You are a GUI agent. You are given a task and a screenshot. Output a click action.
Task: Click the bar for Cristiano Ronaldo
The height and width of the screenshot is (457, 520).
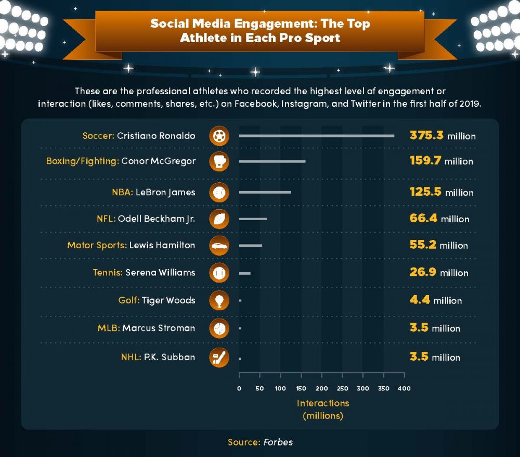click(316, 136)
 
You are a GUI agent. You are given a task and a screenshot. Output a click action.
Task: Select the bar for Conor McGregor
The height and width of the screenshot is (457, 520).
click(272, 161)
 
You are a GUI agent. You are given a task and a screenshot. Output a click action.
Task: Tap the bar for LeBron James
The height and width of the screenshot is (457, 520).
click(265, 192)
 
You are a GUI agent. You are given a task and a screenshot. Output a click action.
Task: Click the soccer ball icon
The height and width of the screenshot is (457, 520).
click(219, 136)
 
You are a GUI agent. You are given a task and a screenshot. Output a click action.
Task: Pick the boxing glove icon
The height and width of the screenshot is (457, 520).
click(219, 161)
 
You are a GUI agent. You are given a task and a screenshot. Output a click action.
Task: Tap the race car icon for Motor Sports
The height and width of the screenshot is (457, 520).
click(219, 245)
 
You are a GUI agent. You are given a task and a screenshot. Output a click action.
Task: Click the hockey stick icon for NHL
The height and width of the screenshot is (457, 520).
click(219, 358)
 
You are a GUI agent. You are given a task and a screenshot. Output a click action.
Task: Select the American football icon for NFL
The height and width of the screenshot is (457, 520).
click(219, 219)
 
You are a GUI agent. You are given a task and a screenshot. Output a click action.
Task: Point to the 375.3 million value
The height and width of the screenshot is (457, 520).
click(442, 135)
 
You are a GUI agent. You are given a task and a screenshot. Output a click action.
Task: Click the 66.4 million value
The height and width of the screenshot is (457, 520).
click(439, 219)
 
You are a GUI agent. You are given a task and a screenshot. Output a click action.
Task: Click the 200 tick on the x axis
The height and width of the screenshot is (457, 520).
click(322, 388)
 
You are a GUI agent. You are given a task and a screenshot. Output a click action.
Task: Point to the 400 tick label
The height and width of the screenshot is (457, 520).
click(404, 388)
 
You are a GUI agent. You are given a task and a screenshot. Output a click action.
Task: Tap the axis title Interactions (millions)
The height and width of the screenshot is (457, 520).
click(322, 409)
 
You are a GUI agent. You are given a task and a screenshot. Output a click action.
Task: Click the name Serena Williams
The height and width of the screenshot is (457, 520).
click(160, 272)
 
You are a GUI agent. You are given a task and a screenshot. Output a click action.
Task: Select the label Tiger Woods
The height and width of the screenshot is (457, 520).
click(167, 300)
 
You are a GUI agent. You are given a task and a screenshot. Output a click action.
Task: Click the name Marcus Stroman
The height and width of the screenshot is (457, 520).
click(159, 328)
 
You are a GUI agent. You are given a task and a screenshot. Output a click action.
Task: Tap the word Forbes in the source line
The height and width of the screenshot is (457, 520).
click(278, 442)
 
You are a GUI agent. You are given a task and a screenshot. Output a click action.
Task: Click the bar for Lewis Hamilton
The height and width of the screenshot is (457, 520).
click(251, 245)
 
